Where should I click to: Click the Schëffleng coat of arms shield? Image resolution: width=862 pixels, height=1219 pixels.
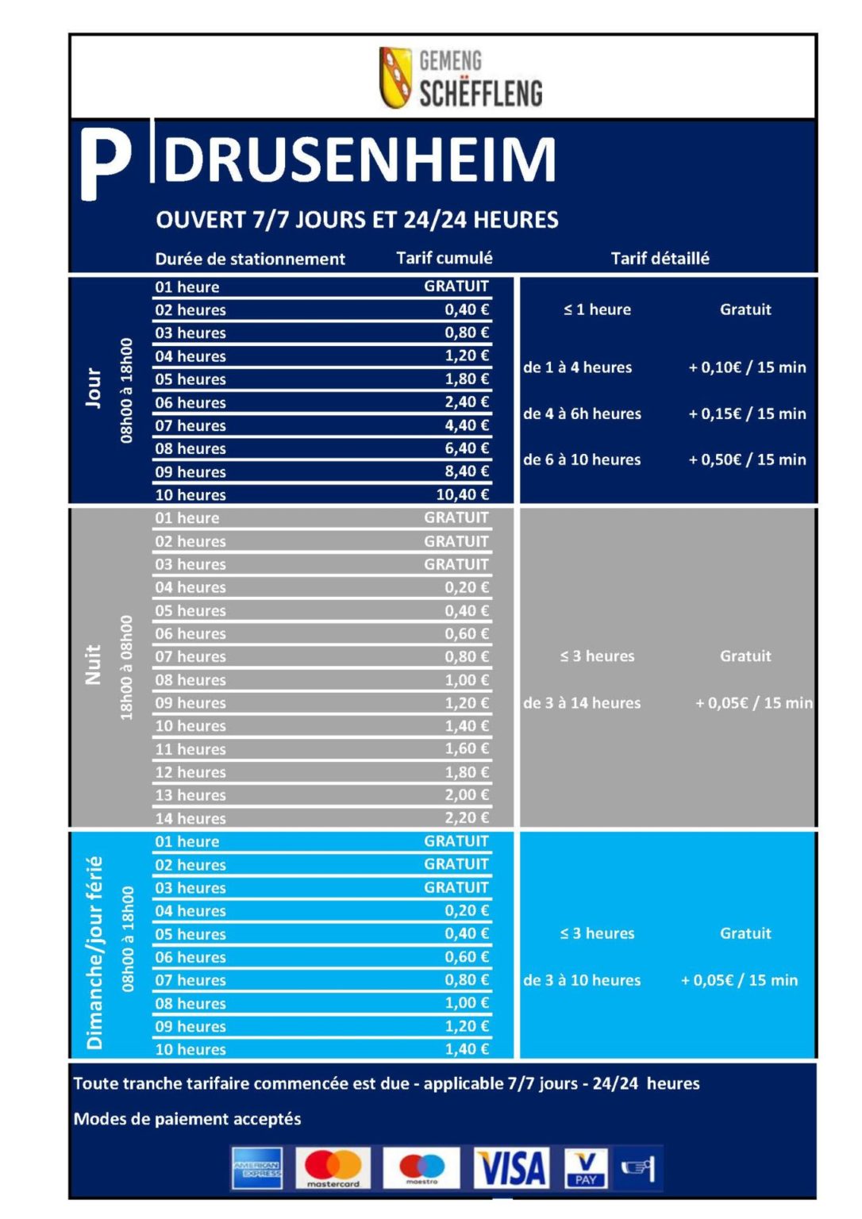(x=394, y=77)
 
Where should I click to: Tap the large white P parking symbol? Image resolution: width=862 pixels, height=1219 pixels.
(x=105, y=163)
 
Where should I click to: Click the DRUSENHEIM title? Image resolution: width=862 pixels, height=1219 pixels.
(x=359, y=160)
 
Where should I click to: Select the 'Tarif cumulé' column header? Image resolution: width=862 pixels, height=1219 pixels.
(x=444, y=258)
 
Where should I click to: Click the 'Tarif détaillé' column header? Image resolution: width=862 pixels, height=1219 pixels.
(x=660, y=258)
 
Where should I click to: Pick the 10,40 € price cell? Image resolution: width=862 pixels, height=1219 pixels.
(x=462, y=494)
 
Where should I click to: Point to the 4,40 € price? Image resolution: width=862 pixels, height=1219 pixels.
(x=467, y=425)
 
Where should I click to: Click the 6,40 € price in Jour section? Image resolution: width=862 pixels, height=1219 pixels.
(x=467, y=448)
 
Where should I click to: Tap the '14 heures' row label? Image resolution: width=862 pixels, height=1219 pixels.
(x=190, y=818)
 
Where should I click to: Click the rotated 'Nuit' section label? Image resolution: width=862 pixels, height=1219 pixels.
(x=94, y=664)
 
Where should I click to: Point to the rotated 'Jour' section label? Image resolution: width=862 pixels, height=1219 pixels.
(x=94, y=388)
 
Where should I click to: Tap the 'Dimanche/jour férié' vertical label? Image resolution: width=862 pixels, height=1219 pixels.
(x=95, y=952)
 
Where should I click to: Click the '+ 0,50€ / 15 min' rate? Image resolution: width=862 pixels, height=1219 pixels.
(x=747, y=460)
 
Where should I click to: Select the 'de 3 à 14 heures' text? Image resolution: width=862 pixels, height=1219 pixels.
(x=582, y=703)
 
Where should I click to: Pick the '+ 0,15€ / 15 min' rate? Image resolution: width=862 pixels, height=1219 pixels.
(x=747, y=413)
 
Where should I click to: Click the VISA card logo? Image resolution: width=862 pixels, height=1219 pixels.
(x=511, y=1168)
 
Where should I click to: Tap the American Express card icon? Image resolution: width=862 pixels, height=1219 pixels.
(x=257, y=1168)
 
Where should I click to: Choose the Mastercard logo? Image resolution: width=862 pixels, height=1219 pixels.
(x=333, y=1168)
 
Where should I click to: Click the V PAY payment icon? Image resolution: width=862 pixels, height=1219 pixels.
(x=586, y=1168)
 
